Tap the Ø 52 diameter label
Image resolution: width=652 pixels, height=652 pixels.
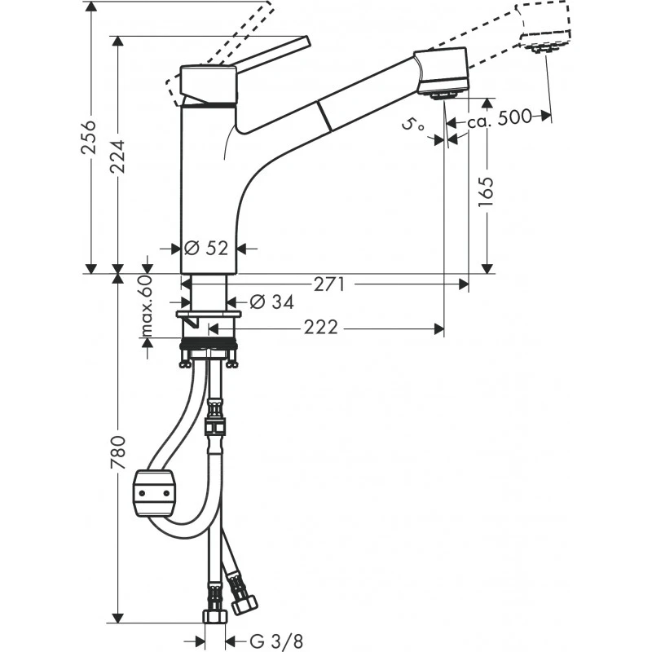point(206,249)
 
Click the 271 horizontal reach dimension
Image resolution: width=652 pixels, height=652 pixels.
point(329,284)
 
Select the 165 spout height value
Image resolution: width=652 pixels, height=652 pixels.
point(487,192)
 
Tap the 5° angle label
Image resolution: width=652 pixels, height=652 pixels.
point(414,125)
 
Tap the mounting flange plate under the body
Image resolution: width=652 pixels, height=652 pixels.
point(209,314)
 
